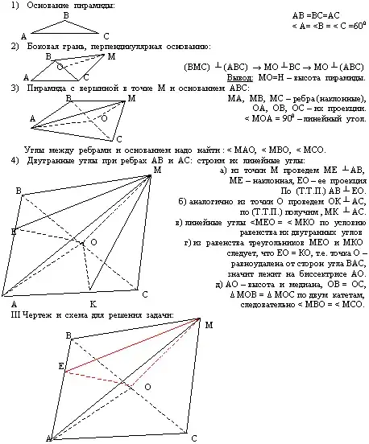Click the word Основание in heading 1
pyautogui.click(x=46, y=6)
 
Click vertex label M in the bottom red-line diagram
pyautogui.click(x=209, y=325)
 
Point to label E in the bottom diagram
pyautogui.click(x=60, y=366)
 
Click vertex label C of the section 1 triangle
pyautogui.click(x=106, y=35)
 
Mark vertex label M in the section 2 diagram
pyautogui.click(x=110, y=56)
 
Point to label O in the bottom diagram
pyautogui.click(x=147, y=387)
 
